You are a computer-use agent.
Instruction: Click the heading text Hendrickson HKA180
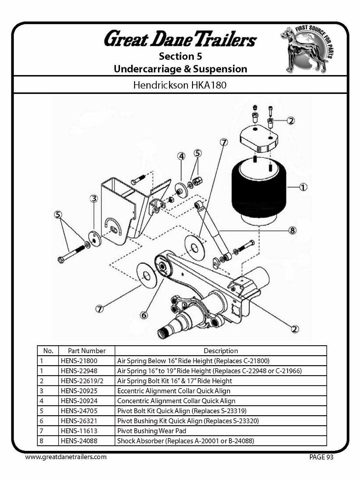coord(180,85)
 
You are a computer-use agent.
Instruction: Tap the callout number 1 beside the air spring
coord(303,187)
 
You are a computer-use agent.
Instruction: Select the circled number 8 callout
coord(292,230)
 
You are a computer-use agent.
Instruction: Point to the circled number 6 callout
coord(144,315)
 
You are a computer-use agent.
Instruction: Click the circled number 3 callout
coord(94,199)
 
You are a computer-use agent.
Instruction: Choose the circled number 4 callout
coord(181,156)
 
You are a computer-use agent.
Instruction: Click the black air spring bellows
coord(259,192)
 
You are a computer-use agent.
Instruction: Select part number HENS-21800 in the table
coord(79,361)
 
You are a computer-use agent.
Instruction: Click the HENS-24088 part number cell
coord(79,441)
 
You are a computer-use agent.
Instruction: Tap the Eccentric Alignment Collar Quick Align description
coord(173,391)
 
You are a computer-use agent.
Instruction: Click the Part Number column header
coord(86,351)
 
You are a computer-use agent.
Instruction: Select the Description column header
coord(220,351)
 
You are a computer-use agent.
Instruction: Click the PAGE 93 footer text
coord(321,457)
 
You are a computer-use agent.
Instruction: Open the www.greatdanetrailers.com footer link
coord(66,457)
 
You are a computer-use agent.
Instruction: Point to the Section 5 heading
coord(180,56)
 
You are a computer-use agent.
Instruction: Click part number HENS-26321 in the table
coord(79,421)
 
